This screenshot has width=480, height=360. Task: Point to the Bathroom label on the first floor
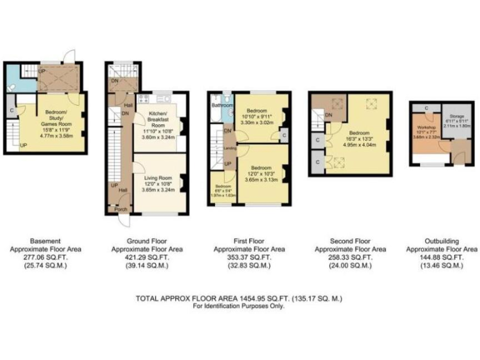(221, 106)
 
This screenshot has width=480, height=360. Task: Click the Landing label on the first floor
(229, 148)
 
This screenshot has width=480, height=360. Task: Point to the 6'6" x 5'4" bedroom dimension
(222, 191)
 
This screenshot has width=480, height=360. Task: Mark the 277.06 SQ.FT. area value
(54, 257)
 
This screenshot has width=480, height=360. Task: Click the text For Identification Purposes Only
(238, 306)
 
